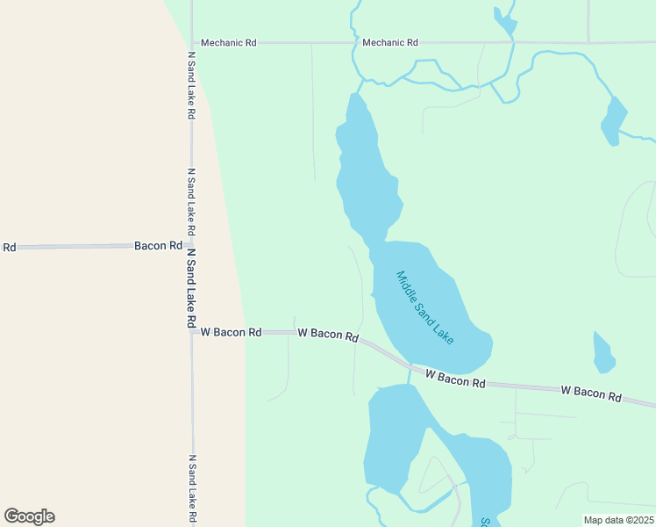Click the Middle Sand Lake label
[x=425, y=307]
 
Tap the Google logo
[x=30, y=516]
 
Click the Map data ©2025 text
[x=619, y=520]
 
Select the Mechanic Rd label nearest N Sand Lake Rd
[x=229, y=42]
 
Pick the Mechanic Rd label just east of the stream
[x=390, y=42]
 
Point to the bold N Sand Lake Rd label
[x=190, y=288]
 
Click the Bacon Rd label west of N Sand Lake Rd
[x=158, y=246]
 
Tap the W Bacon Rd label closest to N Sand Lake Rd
[x=232, y=333]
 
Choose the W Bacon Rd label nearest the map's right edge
[x=591, y=393]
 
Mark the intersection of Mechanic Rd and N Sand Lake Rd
[x=191, y=42]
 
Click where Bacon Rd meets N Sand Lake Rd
[x=191, y=246]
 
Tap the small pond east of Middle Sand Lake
[x=603, y=353]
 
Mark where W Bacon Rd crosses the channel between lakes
[x=409, y=366]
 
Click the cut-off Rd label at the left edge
[x=9, y=248]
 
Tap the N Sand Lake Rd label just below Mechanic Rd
[x=191, y=85]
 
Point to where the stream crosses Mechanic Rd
[x=354, y=42]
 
